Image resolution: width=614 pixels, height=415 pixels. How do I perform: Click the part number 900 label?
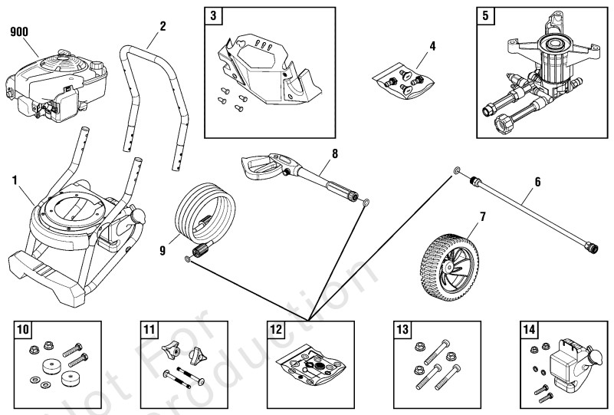pyautogui.click(x=18, y=32)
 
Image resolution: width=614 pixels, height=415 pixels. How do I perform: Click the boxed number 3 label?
pyautogui.click(x=214, y=15)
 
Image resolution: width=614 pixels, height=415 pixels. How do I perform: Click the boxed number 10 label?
pyautogui.click(x=23, y=330)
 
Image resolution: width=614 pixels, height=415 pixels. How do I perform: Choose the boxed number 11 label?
pyautogui.click(x=149, y=330)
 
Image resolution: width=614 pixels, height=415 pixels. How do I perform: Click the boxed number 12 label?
pyautogui.click(x=275, y=330)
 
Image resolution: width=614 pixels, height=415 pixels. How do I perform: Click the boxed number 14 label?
pyautogui.click(x=528, y=330)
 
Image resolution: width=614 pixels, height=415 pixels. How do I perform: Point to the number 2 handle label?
pyautogui.click(x=162, y=25)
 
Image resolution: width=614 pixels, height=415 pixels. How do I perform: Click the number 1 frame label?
pyautogui.click(x=15, y=180)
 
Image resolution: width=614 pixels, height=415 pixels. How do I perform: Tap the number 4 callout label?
pyautogui.click(x=432, y=46)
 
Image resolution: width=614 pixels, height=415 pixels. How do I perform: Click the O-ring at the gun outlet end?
pyautogui.click(x=366, y=203)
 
